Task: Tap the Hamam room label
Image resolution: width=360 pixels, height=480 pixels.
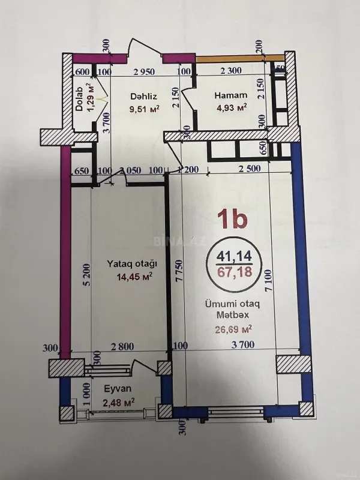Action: (x=232, y=95)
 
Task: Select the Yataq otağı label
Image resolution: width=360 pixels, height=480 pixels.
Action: (x=132, y=263)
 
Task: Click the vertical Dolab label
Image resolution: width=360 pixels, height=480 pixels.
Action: (x=79, y=101)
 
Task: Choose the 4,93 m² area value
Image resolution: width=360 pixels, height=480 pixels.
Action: (x=231, y=108)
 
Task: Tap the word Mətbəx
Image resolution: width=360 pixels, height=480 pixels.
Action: (x=233, y=316)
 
